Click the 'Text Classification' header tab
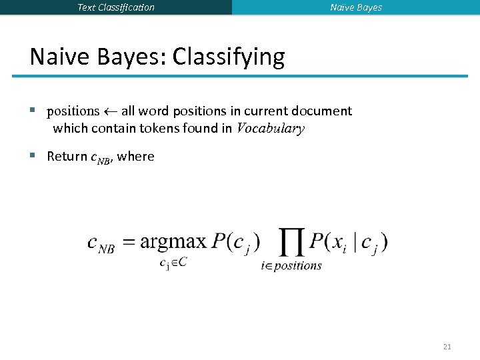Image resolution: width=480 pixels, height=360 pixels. pos(116,7)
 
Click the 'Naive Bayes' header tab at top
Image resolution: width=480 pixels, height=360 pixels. pos(356,7)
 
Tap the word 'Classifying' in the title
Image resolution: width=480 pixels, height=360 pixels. pos(229,57)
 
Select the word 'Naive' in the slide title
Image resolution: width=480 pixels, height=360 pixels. pos(56,57)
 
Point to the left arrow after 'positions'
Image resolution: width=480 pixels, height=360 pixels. pos(110,111)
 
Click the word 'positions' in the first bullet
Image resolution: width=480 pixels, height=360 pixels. pos(73,111)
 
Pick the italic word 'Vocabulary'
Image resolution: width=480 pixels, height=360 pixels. pos(271,129)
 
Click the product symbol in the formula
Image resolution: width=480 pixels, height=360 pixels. pos(289,243)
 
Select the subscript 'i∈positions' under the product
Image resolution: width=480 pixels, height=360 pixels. pos(291,266)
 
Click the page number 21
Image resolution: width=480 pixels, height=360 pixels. pos(447,347)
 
